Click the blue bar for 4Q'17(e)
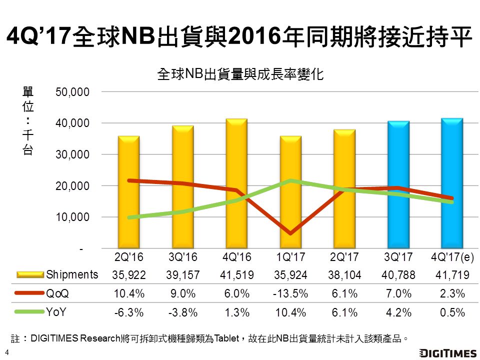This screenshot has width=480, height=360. pos(452,183)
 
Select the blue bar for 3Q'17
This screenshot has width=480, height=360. pos(398,184)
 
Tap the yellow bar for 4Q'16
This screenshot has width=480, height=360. pos(236,183)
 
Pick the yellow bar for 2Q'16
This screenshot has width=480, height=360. pos(129,192)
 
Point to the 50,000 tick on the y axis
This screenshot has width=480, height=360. pos(72,92)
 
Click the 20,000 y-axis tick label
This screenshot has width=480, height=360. pos(72,186)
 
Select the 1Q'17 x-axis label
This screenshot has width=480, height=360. pos(290,257)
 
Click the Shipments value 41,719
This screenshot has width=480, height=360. pos(452,275)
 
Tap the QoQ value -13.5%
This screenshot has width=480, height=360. pos(290,293)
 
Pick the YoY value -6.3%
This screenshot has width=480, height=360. pos(129,312)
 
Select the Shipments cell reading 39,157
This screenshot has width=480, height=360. pos(183,275)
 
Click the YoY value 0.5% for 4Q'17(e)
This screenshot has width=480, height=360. pos(452,312)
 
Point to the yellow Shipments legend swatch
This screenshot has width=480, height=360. pos(30,274)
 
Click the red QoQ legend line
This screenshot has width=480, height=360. pos(29,293)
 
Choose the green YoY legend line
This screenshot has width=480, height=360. pos(29,312)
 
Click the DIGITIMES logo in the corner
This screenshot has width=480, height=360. pos(448,353)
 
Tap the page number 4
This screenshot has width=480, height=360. pos(6,352)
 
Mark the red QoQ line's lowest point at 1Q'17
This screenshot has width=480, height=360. pos(290,233)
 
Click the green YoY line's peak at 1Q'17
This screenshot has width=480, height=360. pos(290,180)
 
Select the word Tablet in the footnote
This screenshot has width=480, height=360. pos(226,338)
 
